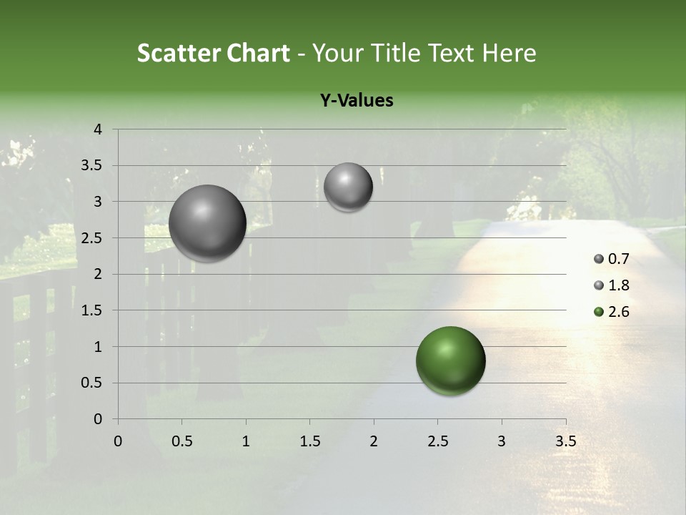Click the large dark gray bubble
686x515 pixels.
tap(208, 223)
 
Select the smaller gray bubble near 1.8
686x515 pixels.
tap(348, 187)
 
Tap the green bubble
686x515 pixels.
tap(450, 360)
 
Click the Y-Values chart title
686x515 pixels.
tap(357, 101)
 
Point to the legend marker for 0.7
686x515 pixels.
tap(598, 259)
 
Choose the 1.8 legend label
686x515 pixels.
tap(618, 285)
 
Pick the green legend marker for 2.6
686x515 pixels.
tap(598, 312)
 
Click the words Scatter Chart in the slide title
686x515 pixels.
tap(213, 53)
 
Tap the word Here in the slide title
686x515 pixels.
tap(509, 53)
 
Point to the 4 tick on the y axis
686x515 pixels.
tap(98, 129)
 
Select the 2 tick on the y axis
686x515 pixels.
tap(98, 274)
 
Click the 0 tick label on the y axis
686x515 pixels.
tap(98, 419)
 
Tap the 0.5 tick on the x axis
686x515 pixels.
tap(182, 441)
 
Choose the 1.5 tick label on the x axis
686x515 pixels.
tap(309, 441)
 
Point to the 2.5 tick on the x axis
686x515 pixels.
tap(437, 441)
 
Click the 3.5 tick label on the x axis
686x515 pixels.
tap(565, 441)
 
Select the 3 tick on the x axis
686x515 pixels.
tap(502, 441)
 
